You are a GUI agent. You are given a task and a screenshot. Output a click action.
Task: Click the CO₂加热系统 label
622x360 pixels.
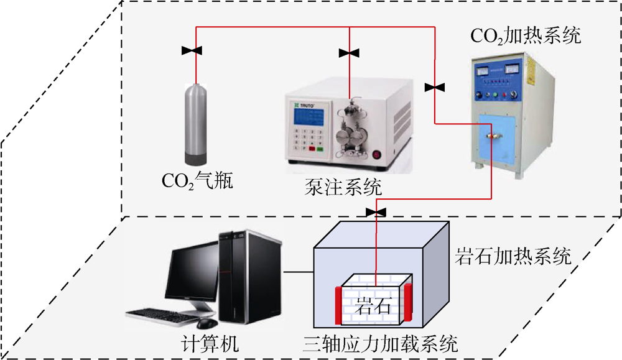coord(526,36)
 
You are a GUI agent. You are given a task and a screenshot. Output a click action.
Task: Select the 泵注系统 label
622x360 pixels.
coord(344,185)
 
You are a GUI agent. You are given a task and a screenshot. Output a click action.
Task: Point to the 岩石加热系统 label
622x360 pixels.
coord(516,256)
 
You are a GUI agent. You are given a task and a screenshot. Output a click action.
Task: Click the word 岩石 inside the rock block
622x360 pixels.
coord(373,307)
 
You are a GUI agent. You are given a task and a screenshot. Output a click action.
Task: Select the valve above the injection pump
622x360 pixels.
coord(349,53)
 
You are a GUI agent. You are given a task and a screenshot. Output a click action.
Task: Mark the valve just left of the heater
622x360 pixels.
coord(435,88)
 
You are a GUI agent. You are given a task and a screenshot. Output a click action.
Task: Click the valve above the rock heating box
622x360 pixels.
coord(376,213)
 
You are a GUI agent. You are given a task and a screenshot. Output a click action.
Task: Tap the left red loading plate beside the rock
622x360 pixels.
coord(338,305)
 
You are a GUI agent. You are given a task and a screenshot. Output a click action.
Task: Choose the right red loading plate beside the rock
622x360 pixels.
coord(408,303)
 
